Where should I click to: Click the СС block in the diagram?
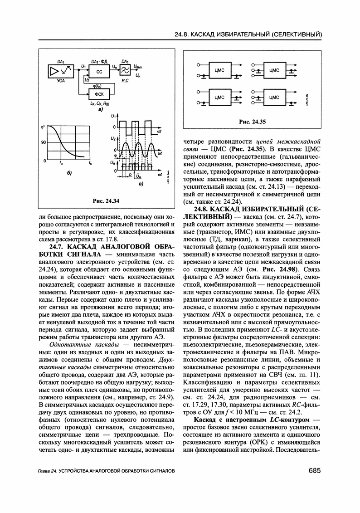coord(99,72)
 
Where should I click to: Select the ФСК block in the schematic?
coord(99,94)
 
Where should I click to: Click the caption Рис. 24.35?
coord(252,122)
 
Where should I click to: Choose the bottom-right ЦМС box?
coord(273,97)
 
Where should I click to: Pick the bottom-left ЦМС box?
coord(219,97)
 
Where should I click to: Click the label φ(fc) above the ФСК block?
coord(96,86)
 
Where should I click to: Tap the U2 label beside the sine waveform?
coord(112,137)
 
